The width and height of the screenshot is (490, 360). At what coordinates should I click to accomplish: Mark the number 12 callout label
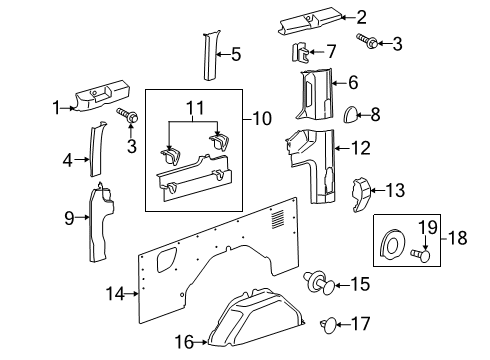pyautogui.click(x=360, y=150)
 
